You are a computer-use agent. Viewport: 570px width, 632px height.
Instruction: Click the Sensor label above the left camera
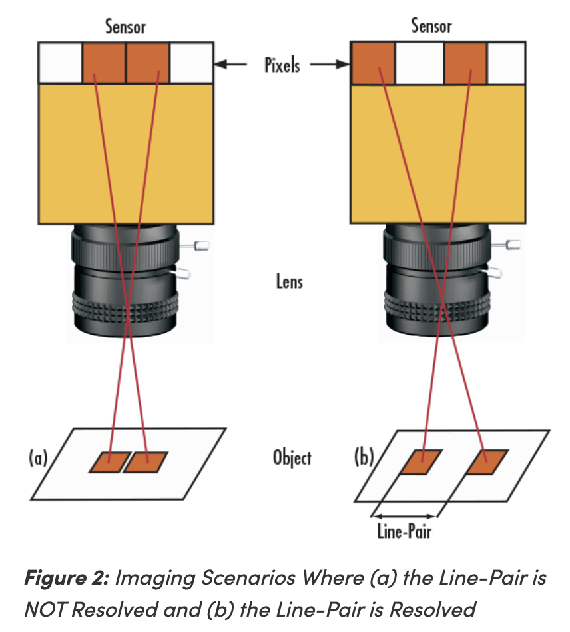click(x=125, y=27)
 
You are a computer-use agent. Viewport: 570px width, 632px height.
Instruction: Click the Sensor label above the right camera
click(x=431, y=26)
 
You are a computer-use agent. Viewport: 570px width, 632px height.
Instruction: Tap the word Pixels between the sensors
click(x=282, y=65)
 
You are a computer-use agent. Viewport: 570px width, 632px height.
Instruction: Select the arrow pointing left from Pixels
click(x=230, y=64)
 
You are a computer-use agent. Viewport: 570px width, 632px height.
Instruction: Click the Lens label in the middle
click(x=290, y=281)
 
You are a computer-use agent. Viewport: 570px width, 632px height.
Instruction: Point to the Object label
click(x=292, y=457)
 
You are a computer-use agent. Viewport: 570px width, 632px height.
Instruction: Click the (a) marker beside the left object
click(x=38, y=458)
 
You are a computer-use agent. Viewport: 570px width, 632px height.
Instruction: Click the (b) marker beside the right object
click(x=364, y=457)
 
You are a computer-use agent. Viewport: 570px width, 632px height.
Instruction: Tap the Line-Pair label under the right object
click(x=404, y=531)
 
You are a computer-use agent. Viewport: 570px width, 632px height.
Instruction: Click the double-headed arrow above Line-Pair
click(x=404, y=516)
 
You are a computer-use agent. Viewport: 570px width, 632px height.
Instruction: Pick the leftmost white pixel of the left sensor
click(x=61, y=63)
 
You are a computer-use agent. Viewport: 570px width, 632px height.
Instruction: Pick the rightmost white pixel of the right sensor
click(x=506, y=64)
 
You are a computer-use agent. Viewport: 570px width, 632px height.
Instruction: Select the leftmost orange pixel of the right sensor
click(x=373, y=63)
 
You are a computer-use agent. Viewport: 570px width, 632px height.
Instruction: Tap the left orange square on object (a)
click(x=109, y=462)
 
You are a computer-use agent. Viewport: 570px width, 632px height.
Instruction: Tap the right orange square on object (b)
click(x=487, y=462)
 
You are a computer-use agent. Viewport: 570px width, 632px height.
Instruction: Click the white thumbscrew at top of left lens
click(x=201, y=245)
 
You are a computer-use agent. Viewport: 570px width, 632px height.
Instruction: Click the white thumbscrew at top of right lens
click(x=513, y=244)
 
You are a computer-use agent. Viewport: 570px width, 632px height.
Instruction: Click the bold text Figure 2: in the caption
click(x=67, y=578)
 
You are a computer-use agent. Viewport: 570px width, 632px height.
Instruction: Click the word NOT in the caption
click(x=44, y=609)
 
